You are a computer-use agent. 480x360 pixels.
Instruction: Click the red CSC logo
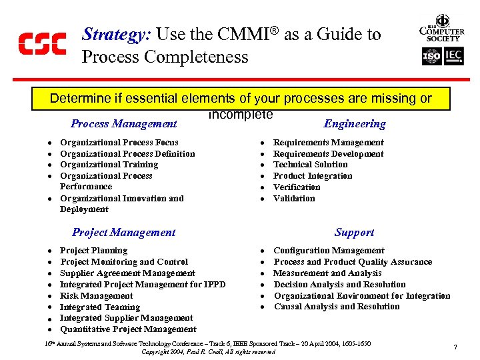coord(41,43)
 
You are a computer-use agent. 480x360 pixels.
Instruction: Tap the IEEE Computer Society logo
coord(441,29)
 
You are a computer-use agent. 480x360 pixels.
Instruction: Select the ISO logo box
coord(432,57)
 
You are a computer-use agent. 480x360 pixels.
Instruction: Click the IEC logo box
coord(454,57)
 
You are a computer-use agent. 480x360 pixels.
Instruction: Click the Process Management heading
coord(124,123)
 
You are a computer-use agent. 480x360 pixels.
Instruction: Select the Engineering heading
coord(355,123)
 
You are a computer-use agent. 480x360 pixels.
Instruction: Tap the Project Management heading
coord(123,232)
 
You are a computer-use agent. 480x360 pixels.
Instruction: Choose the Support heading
coord(355,232)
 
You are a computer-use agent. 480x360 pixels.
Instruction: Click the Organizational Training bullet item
coord(109,165)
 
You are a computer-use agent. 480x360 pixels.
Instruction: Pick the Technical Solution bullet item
coord(311,165)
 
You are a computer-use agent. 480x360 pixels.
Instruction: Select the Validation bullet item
coord(294,198)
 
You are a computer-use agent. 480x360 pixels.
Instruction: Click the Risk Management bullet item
coord(96,295)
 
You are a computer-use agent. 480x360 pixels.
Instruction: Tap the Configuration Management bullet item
coord(329,251)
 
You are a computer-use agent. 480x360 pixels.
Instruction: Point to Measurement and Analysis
coord(327,273)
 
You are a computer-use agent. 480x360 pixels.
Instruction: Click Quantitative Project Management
coord(128,329)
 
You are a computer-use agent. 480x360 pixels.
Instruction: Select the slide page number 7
coord(455,347)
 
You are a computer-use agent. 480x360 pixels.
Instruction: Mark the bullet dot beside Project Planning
coord(50,251)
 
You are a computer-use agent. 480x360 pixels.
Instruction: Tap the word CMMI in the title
coord(249,35)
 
